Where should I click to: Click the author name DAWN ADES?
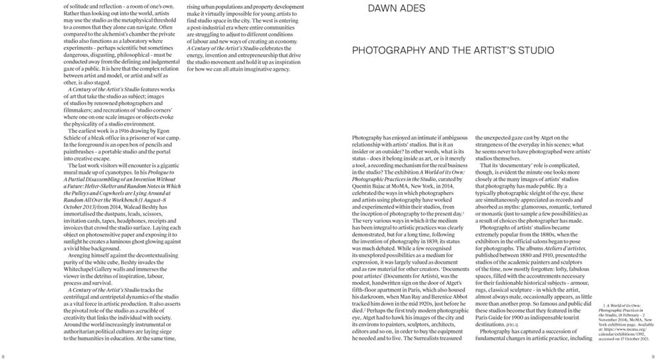click(396, 9)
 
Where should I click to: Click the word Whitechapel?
click(80, 269)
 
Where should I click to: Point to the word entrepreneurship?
click(246, 55)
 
